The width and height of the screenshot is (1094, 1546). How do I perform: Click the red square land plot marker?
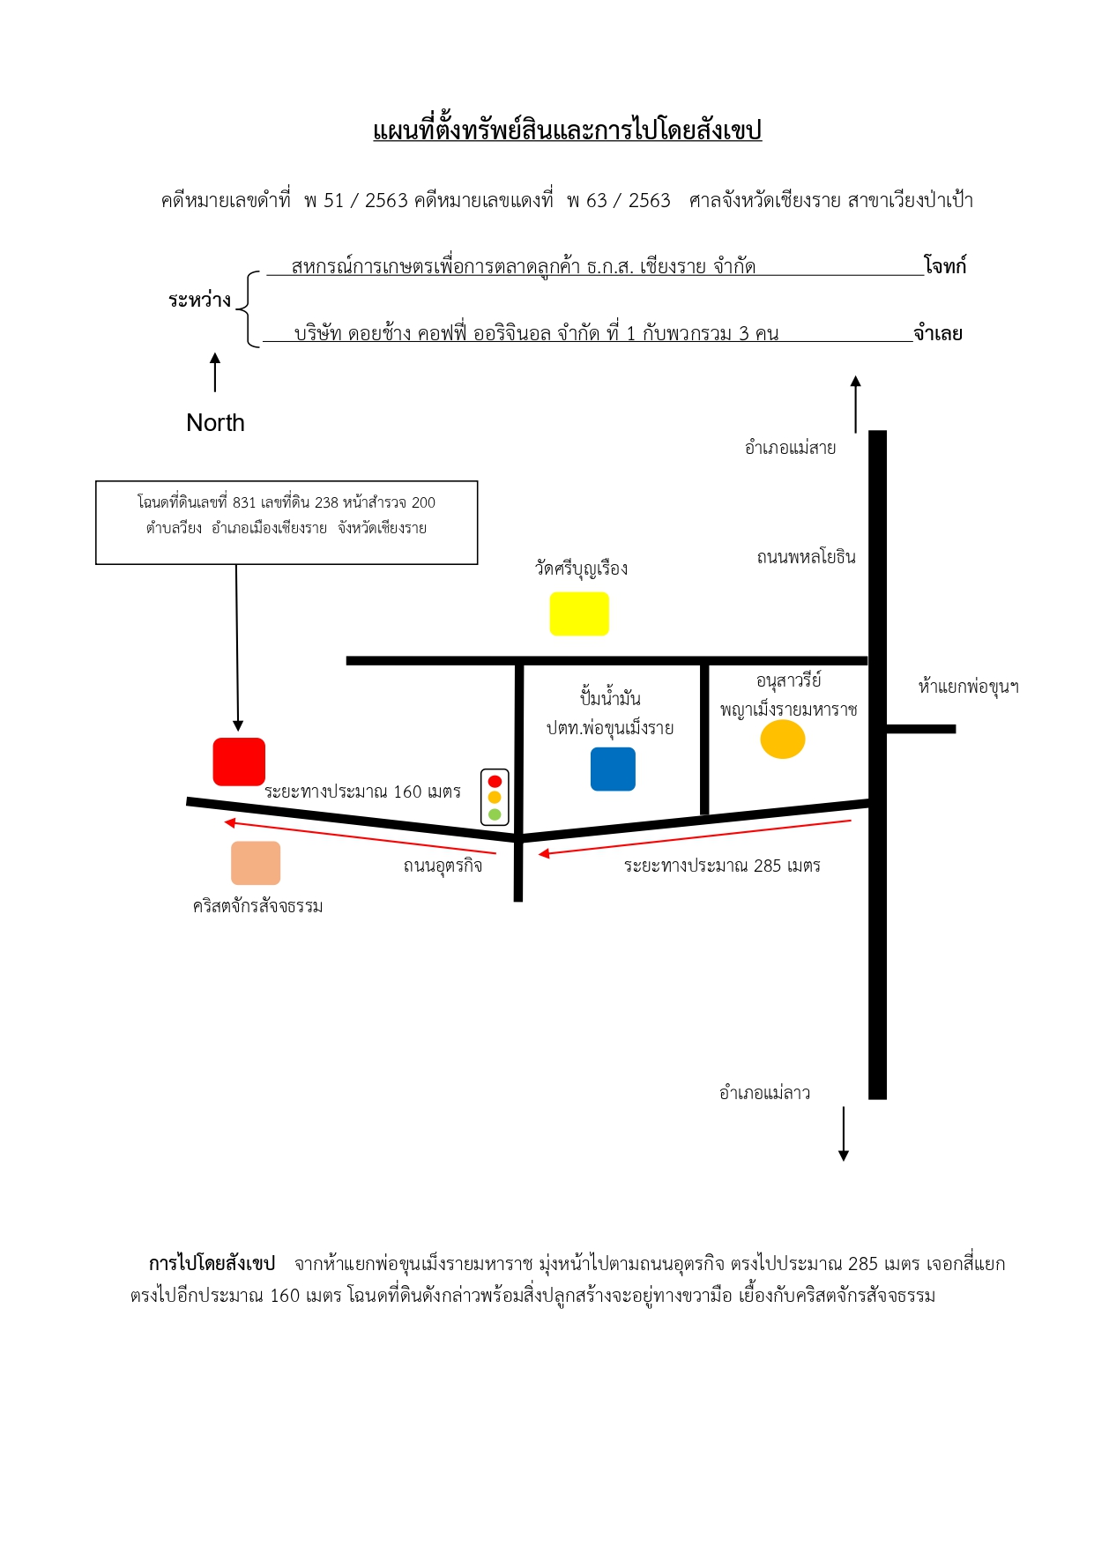[239, 762]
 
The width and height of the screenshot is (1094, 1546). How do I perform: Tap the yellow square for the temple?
[579, 613]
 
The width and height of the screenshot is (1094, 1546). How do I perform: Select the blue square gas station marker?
[613, 769]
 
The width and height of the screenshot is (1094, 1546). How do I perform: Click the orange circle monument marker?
[783, 740]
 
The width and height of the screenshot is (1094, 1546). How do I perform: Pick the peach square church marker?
[256, 863]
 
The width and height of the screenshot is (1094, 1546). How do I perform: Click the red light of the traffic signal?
[495, 781]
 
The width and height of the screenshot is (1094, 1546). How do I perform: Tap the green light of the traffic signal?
[495, 814]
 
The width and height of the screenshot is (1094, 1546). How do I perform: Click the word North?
[215, 423]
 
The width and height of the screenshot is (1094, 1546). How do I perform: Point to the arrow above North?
[215, 373]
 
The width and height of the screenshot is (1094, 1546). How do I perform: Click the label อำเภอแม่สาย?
[790, 448]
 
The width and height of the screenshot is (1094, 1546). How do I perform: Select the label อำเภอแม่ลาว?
[764, 1093]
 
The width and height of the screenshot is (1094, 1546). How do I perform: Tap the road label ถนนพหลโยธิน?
[806, 557]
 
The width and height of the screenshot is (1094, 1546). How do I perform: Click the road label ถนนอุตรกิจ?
[443, 866]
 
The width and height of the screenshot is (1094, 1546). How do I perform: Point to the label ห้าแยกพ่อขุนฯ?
[968, 687]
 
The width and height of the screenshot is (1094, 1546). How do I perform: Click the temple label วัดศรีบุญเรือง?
[581, 569]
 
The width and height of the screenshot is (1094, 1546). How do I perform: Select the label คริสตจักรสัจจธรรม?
[257, 906]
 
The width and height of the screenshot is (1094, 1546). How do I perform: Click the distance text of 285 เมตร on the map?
[722, 866]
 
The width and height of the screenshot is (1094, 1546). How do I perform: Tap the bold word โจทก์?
[945, 265]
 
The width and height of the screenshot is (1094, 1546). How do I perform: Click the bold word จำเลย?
[938, 333]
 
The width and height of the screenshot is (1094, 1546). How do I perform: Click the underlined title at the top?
[567, 130]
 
